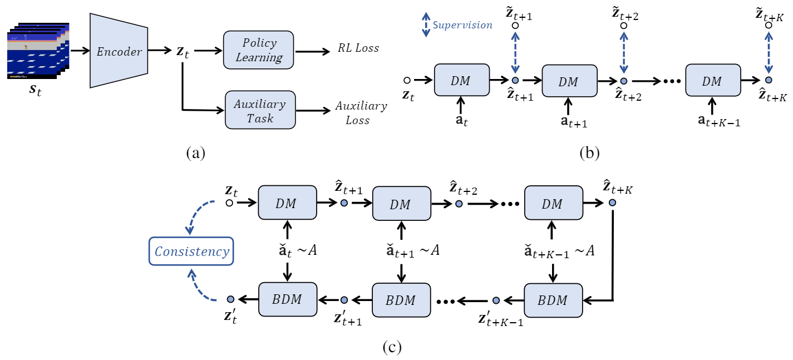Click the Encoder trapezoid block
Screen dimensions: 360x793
(119, 51)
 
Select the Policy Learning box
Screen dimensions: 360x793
(259, 51)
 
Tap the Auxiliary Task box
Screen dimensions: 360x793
(259, 111)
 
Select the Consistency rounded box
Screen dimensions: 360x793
(191, 251)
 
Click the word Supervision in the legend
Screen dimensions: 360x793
(462, 25)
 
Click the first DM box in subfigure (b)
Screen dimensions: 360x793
(461, 81)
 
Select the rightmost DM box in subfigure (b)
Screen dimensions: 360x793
(712, 81)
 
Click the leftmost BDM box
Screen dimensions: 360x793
(287, 300)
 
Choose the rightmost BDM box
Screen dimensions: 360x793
(553, 300)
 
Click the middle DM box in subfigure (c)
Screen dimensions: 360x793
(400, 204)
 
